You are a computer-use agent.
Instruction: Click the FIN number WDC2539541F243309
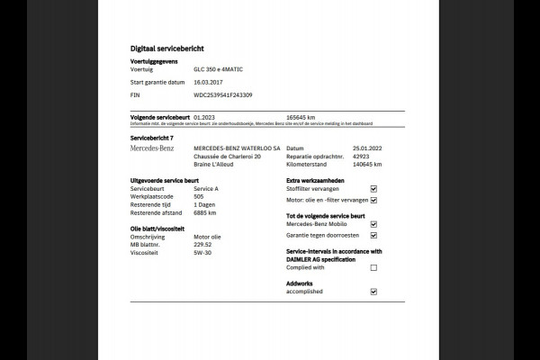223,94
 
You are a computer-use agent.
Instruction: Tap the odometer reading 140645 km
365,165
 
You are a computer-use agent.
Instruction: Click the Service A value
207,188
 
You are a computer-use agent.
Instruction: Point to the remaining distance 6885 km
206,213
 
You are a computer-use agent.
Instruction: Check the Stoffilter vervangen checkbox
373,189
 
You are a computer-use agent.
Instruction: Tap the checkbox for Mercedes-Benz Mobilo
373,224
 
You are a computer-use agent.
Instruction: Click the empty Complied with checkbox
373,267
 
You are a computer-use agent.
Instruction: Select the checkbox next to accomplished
373,292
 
